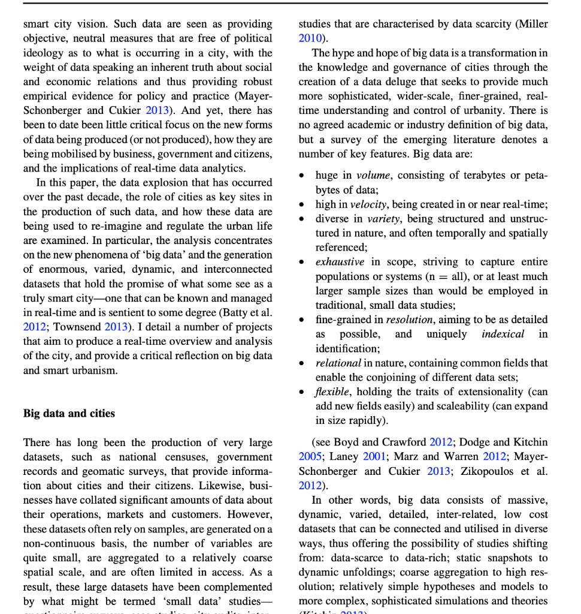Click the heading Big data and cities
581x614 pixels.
(69, 414)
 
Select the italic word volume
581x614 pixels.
(374, 176)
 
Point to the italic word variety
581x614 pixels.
(385, 219)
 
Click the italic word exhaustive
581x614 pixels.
(340, 262)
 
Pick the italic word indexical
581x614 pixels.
(503, 334)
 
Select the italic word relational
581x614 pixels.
(338, 363)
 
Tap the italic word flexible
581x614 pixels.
(332, 392)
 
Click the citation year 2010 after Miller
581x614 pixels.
(310, 39)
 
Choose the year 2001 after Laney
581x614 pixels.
(375, 457)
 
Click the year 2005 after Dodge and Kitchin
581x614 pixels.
(310, 457)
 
